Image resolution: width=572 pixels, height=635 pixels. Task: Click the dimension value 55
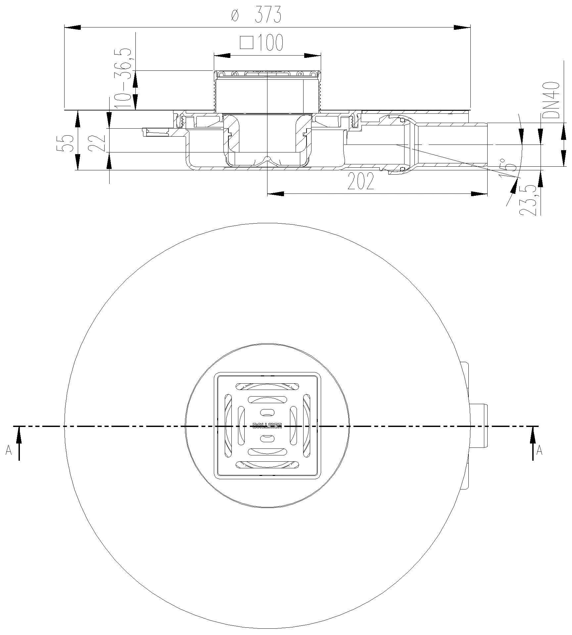[65, 143]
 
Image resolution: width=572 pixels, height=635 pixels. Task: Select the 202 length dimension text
[361, 182]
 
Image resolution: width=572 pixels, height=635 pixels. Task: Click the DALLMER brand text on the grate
[267, 426]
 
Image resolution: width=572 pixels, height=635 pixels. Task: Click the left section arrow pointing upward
[19, 440]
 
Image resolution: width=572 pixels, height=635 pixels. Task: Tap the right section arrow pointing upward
[533, 440]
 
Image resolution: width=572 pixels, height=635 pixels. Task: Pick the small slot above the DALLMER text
[267, 412]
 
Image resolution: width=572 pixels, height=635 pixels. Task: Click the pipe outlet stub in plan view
[479, 426]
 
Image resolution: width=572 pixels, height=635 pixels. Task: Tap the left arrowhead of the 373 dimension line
[72, 27]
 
